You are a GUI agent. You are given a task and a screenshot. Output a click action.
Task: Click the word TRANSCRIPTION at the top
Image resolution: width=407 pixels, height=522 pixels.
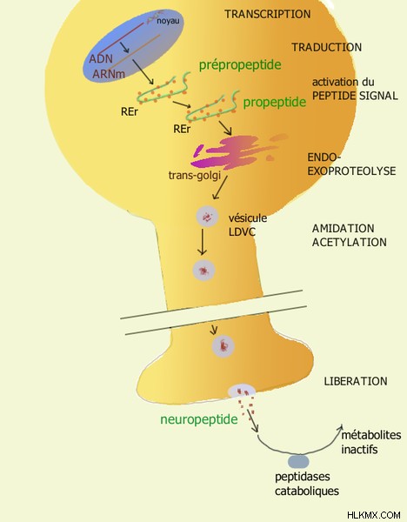pos(268,14)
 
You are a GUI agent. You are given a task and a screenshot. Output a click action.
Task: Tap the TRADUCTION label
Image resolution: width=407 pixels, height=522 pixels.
pos(327,47)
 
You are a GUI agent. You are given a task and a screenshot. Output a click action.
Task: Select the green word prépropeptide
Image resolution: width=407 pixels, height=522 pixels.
pos(240,65)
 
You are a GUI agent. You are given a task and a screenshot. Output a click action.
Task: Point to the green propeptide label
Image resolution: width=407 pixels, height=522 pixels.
pos(275,102)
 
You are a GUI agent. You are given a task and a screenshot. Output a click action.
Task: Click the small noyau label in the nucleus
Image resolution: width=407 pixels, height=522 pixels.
pos(168,21)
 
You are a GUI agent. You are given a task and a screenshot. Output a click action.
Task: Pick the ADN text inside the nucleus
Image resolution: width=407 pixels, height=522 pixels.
pos(101,58)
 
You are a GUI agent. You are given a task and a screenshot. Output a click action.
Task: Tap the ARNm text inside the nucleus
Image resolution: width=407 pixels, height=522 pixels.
pos(109,74)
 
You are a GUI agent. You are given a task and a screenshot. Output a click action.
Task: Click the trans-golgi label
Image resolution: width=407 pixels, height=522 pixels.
pos(195,176)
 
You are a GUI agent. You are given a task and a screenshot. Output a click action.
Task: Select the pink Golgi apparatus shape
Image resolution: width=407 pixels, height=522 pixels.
pos(233,151)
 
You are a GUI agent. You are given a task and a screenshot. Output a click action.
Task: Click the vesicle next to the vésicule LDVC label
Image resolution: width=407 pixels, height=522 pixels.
pos(207,217)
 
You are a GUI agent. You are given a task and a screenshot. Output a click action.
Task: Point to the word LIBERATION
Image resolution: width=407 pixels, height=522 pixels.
pos(356,381)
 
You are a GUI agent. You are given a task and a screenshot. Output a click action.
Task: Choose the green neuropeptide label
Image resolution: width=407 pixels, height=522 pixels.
pos(199,419)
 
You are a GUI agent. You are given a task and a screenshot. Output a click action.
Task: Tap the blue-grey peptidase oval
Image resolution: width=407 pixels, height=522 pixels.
pos(298,462)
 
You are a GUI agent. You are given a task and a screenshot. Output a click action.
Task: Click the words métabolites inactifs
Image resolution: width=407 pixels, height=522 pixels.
pos(371,442)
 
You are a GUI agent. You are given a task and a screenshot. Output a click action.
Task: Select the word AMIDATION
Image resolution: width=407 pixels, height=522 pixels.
pos(344,228)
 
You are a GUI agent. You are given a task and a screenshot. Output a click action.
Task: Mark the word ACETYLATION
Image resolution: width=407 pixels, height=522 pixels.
pos(350,242)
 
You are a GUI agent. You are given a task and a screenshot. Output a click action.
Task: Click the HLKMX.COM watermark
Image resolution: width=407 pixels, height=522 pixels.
pos(374,515)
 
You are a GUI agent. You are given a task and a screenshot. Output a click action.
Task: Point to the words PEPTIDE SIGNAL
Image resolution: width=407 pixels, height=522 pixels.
pos(355,96)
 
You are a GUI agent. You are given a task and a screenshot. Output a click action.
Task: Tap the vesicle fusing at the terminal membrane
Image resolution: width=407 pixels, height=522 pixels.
pos(241,391)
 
